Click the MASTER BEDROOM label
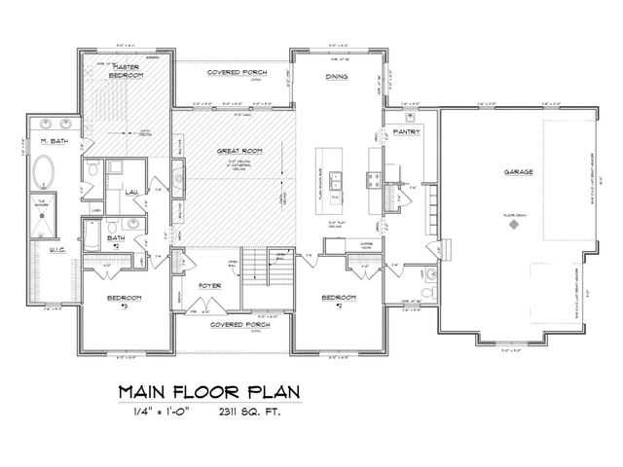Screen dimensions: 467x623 127,70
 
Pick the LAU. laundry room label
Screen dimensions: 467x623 131,193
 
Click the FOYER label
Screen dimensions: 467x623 209,286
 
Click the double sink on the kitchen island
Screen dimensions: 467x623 338,179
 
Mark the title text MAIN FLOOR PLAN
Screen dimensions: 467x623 209,392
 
